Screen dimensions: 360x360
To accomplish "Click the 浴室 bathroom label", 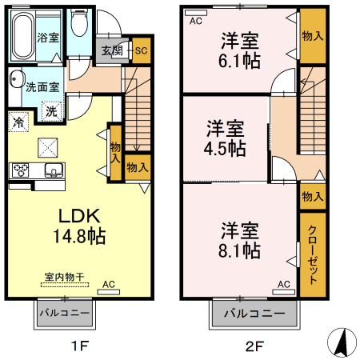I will [47, 38].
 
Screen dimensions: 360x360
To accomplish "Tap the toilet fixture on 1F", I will [79, 24].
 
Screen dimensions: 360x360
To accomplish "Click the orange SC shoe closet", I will [142, 50].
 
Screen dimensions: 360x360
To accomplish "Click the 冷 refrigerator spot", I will [18, 122].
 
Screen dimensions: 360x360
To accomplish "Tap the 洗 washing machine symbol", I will [51, 113].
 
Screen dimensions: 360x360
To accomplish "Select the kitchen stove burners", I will [20, 170].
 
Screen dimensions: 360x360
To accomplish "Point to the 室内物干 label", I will [65, 277].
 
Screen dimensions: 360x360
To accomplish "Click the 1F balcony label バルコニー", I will [64, 312].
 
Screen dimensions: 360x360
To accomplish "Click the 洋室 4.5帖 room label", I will [225, 138].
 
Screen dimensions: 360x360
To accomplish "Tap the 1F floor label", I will [78, 346].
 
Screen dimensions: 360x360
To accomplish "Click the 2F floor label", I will [254, 346].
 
